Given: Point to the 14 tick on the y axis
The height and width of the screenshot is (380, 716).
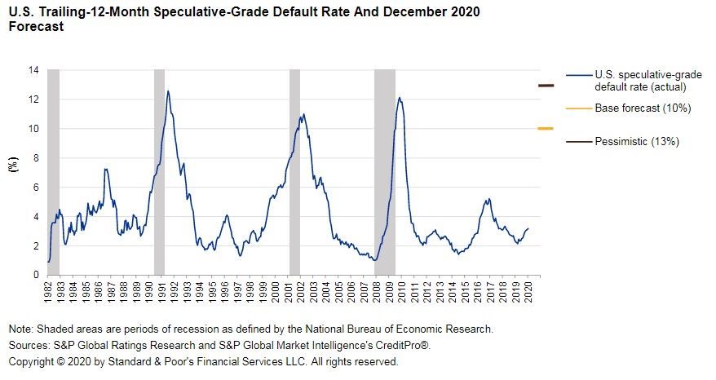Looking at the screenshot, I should click(33, 70).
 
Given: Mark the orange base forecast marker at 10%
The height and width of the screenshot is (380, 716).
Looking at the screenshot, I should click(546, 128).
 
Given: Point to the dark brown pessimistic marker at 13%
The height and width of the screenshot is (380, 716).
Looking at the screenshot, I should click(546, 85).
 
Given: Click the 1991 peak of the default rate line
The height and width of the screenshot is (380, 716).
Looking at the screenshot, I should click(168, 91).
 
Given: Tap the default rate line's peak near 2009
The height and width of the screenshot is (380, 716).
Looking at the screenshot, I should click(400, 98).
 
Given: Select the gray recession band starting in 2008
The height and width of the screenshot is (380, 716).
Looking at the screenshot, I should click(384, 172).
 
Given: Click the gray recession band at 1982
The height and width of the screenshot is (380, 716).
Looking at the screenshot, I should click(53, 172).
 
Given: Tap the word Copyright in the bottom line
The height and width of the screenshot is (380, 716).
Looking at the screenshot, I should click(32, 360).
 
